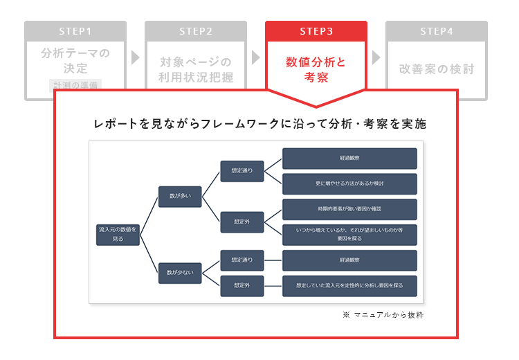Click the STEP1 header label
point(75,31)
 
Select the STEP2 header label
point(196,31)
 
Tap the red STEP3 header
point(316,31)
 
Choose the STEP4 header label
point(437,31)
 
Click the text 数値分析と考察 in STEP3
point(316,69)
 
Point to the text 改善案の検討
point(437,69)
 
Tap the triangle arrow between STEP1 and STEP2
point(136,58)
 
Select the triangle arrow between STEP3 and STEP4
point(376,58)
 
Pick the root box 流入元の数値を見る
point(118,233)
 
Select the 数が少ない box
point(179,272)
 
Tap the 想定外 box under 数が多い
point(242,222)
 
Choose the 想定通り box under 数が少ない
point(242,260)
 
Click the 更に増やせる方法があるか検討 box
point(349,183)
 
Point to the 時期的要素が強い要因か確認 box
point(349,208)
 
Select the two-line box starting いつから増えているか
point(349,234)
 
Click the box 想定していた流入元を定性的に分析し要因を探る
point(349,285)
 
